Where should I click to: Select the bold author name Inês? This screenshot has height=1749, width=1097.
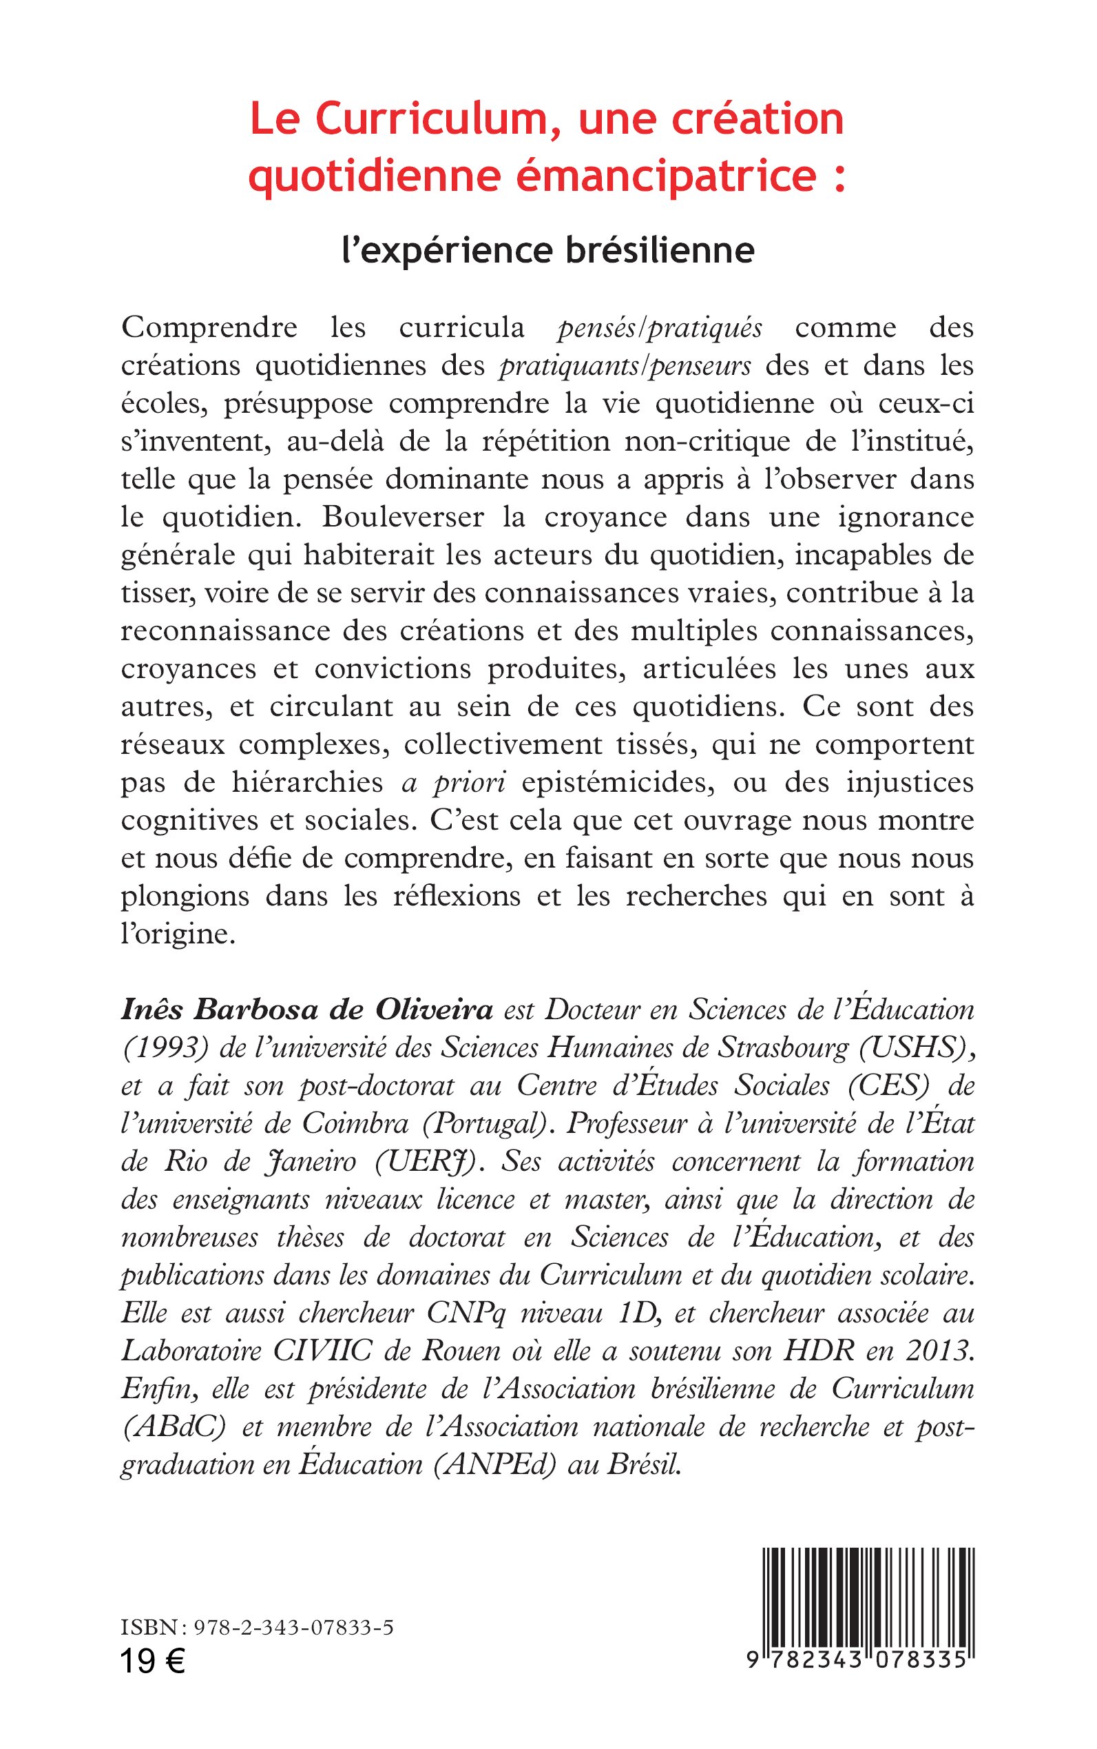pyautogui.click(x=149, y=1009)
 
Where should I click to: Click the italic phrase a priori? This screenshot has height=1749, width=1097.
pyautogui.click(x=452, y=783)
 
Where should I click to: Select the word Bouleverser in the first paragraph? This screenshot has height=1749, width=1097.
pyautogui.click(x=404, y=517)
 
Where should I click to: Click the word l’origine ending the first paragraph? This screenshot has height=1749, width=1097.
pyautogui.click(x=178, y=934)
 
